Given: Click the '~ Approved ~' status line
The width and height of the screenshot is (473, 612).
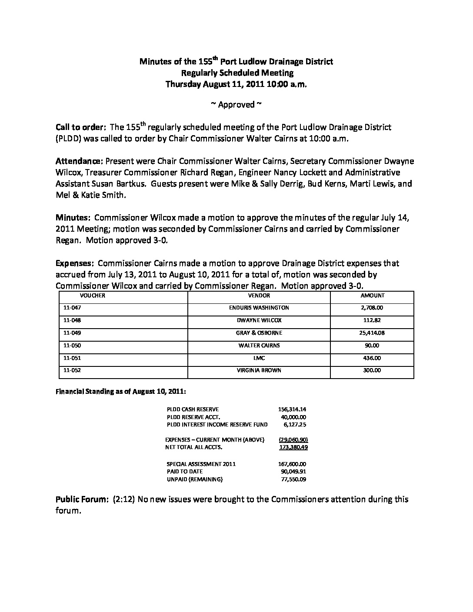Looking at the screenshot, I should pyautogui.click(x=236, y=104).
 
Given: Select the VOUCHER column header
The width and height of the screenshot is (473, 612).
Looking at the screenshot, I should pyautogui.click(x=93, y=296).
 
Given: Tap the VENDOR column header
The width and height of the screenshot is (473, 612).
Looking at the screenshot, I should pyautogui.click(x=259, y=296).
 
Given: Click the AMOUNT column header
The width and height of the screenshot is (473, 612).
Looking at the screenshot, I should pyautogui.click(x=372, y=296).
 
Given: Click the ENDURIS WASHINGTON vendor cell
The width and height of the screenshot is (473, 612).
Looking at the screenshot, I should pyautogui.click(x=259, y=308).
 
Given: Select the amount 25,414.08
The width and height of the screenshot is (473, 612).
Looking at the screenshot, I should pyautogui.click(x=372, y=333).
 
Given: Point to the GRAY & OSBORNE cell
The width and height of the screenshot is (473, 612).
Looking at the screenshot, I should pyautogui.click(x=259, y=333).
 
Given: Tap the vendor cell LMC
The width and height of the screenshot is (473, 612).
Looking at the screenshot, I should pyautogui.click(x=259, y=358).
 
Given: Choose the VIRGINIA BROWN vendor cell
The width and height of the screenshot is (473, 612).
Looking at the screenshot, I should pyautogui.click(x=259, y=371).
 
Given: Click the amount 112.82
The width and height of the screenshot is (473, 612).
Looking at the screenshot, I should pyautogui.click(x=372, y=320).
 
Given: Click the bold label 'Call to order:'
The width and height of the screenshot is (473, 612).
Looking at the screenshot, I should pyautogui.click(x=81, y=128).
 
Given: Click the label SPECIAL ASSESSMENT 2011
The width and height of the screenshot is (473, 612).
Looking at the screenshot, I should pyautogui.click(x=201, y=464).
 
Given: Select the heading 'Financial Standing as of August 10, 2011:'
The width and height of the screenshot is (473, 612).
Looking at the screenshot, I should pyautogui.click(x=121, y=392).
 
